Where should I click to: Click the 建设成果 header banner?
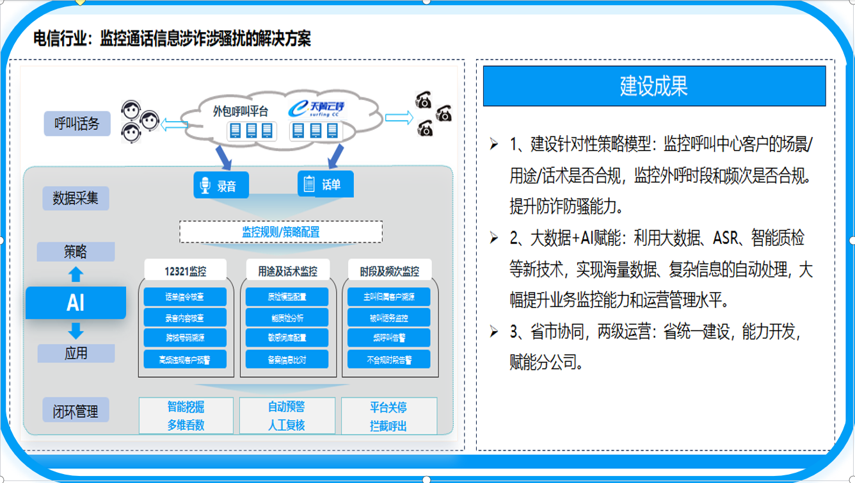[x=654, y=86]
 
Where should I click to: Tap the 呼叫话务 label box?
[x=77, y=123]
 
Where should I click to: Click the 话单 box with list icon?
[x=325, y=184]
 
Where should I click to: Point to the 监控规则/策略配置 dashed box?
[x=280, y=232]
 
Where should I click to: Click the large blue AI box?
[x=76, y=302]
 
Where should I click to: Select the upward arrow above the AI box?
[x=76, y=274]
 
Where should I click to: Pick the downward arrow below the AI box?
[x=76, y=331]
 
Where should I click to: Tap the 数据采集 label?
[x=76, y=198]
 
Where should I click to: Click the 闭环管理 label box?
[x=76, y=411]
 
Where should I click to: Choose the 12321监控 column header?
[x=186, y=271]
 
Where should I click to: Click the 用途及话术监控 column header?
[x=287, y=271]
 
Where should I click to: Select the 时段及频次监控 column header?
[x=389, y=271]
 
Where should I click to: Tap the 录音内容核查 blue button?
[x=185, y=318]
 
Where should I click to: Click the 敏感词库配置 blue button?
[x=287, y=338]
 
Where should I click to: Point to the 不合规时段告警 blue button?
[x=388, y=359]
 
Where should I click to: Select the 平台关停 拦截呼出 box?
[x=388, y=416]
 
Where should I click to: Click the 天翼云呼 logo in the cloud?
[x=316, y=109]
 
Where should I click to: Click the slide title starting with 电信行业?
[x=173, y=38]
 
